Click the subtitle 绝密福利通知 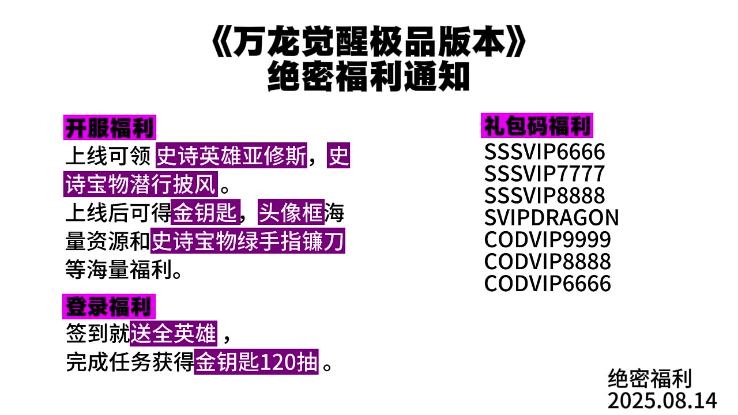(x=369, y=77)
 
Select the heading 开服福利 (x=110, y=127)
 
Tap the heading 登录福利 (x=109, y=306)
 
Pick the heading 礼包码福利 (x=537, y=125)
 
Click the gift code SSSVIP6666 (x=544, y=152)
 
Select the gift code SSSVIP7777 (x=544, y=174)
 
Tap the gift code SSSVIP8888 (x=544, y=196)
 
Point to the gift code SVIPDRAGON (x=551, y=218)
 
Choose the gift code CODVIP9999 (x=547, y=240)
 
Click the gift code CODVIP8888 (x=547, y=262)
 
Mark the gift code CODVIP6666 (x=547, y=284)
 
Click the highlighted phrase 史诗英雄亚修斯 (x=231, y=156)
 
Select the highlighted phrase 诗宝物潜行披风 (x=141, y=185)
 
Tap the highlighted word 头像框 (x=291, y=213)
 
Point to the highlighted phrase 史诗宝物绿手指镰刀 (x=248, y=242)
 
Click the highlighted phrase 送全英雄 (x=174, y=333)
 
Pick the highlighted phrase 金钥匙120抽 (x=256, y=363)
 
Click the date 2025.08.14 (x=662, y=400)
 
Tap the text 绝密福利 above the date (x=650, y=379)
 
